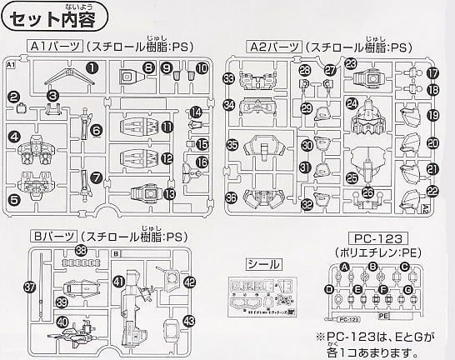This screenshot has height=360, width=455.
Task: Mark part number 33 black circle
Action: coord(229,79)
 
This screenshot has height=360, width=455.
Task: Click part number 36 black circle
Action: coord(231,197)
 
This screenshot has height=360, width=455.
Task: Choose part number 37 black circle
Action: coord(30,287)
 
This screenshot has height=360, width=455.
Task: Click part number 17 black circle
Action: coord(432,73)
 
